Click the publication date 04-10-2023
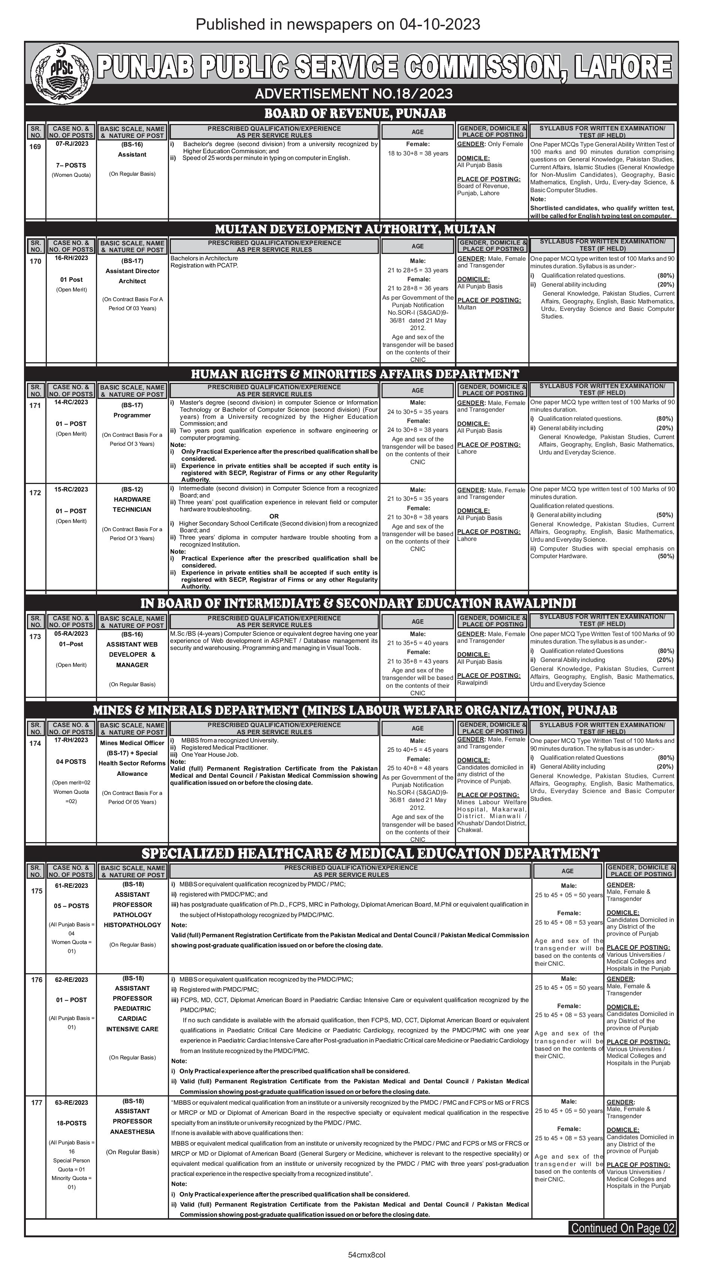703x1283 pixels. pyautogui.click(x=440, y=24)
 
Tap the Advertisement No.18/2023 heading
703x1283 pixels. pyautogui.click(x=353, y=94)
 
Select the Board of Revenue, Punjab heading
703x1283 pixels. pyautogui.click(x=355, y=113)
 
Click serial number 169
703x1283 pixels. pyautogui.click(x=35, y=146)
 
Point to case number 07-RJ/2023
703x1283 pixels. pyautogui.click(x=71, y=144)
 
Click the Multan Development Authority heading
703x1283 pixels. pyautogui.click(x=355, y=229)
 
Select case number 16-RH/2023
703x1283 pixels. pyautogui.click(x=71, y=258)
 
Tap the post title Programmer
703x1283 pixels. pyautogui.click(x=132, y=415)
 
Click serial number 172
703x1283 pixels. pyautogui.click(x=35, y=493)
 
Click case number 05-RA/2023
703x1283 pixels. pyautogui.click(x=71, y=633)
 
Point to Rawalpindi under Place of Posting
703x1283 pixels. pyautogui.click(x=472, y=683)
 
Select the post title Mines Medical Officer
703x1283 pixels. pyautogui.click(x=132, y=742)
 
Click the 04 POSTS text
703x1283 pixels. pyautogui.click(x=71, y=762)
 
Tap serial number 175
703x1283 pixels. pyautogui.click(x=37, y=891)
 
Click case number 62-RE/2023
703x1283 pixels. pyautogui.click(x=71, y=980)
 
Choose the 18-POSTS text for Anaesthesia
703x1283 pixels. pyautogui.click(x=71, y=1123)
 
